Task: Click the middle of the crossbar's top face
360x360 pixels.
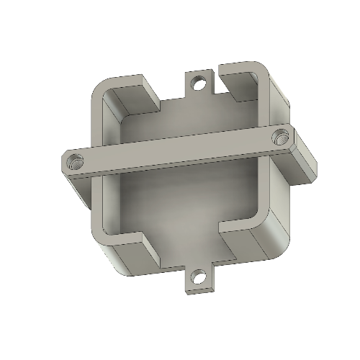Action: (x=176, y=150)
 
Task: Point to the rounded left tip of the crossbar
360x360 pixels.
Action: (x=64, y=165)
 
